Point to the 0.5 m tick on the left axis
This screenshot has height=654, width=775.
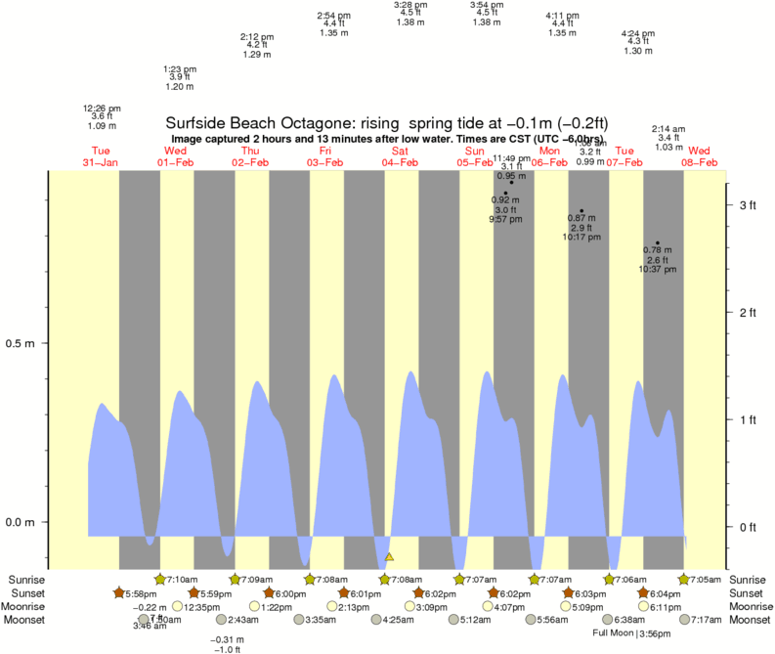pos(22,344)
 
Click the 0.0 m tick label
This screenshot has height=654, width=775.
pos(22,522)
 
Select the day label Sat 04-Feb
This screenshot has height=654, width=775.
pos(400,156)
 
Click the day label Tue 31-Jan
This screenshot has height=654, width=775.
pos(101,156)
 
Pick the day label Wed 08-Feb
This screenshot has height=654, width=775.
pos(700,156)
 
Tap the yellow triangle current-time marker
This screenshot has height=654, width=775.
pos(389,557)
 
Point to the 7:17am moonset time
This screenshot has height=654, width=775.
pos(706,620)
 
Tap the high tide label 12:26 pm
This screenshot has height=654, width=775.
pos(102,107)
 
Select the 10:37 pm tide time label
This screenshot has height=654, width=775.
pos(658,269)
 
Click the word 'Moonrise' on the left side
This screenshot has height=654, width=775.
pos(24,607)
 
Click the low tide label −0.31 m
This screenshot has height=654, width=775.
pos(228,639)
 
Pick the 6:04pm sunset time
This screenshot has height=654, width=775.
pos(666,593)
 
